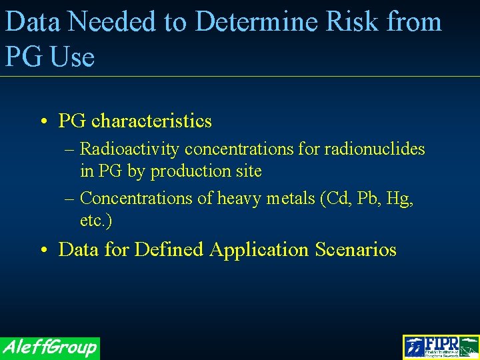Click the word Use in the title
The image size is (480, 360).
pos(71,57)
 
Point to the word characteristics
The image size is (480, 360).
pos(151,121)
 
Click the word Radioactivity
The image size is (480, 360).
pos(129,149)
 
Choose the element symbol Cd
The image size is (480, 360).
pos(333,199)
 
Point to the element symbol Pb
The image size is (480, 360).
pos(365,199)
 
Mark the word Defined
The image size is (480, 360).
pos(169,250)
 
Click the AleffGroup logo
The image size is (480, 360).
pos(50,347)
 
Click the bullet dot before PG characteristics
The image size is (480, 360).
pos(42,122)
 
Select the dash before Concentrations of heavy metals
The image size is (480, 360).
pos(71,199)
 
